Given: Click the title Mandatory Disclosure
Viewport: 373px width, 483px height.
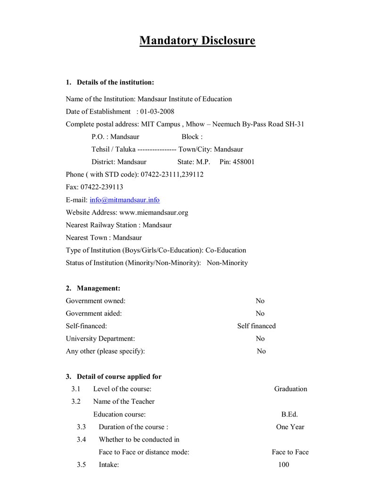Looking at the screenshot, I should (x=197, y=41).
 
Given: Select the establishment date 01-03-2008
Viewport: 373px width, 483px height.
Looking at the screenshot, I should (x=157, y=112).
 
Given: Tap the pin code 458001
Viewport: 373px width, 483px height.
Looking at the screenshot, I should (x=244, y=162).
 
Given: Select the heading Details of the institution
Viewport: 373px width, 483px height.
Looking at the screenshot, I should (x=116, y=83).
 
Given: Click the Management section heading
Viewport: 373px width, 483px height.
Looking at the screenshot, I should (x=99, y=288).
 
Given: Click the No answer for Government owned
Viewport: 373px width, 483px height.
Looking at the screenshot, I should (x=260, y=301).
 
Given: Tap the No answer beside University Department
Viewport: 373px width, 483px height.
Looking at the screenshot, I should (x=260, y=339).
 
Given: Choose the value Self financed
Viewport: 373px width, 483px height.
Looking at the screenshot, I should (x=256, y=326).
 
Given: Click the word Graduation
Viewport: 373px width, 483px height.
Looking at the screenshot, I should (x=290, y=389).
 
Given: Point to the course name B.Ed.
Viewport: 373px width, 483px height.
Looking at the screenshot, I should (x=290, y=415).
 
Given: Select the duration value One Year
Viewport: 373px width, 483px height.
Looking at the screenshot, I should (x=290, y=427).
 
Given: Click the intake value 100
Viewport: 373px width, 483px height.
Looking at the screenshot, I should (x=283, y=465).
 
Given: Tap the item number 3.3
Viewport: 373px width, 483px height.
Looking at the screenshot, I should (x=81, y=427).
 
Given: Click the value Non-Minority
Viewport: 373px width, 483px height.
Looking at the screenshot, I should (x=227, y=263).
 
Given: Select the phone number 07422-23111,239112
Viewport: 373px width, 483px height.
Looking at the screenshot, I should (x=172, y=175).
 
